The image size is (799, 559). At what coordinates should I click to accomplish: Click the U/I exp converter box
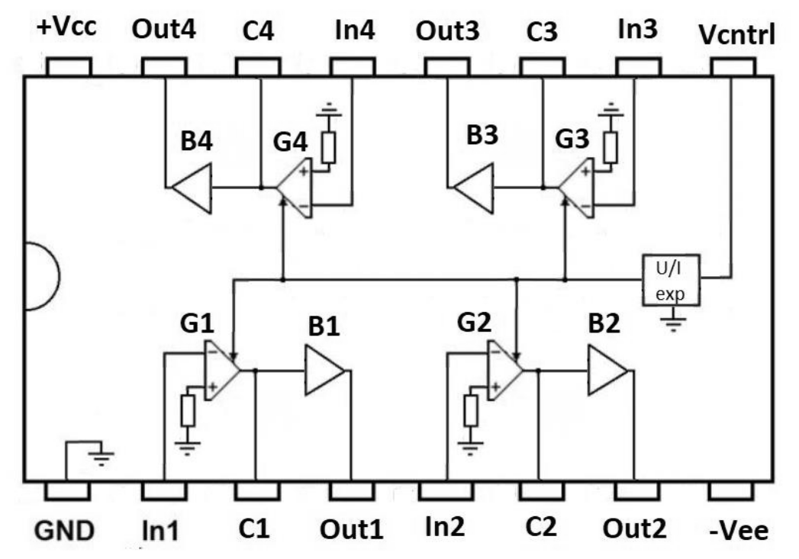pyautogui.click(x=670, y=279)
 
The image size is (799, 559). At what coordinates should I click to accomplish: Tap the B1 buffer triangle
pyautogui.click(x=325, y=371)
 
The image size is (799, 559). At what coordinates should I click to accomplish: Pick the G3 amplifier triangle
pyautogui.click(x=576, y=188)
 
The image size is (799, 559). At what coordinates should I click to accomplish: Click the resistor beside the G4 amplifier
pyautogui.click(x=328, y=147)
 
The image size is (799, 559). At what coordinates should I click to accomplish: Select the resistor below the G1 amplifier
pyautogui.click(x=188, y=412)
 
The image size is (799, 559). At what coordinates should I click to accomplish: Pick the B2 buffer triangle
pyautogui.click(x=607, y=371)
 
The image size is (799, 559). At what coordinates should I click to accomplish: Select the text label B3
pyautogui.click(x=482, y=137)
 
